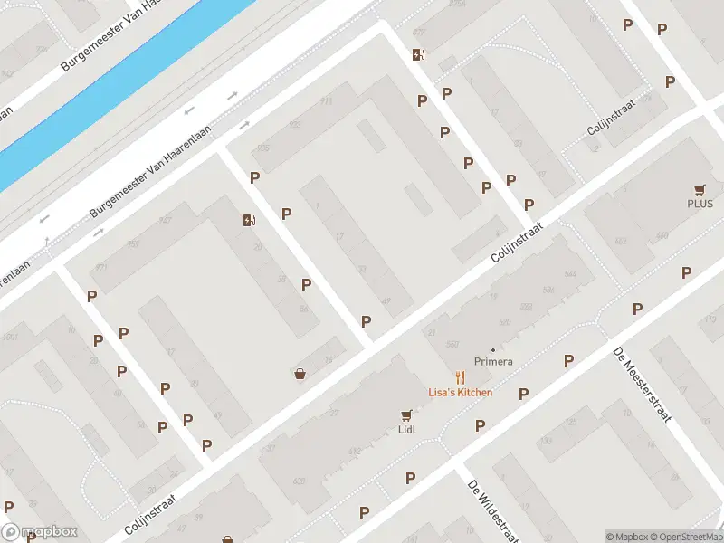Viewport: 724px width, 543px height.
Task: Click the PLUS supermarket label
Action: coord(700,204)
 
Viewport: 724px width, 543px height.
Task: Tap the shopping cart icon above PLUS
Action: coord(700,190)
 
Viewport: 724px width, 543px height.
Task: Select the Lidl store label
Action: coord(406,429)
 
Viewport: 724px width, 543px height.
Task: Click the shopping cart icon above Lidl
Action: coord(406,415)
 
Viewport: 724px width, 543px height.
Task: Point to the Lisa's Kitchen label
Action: coord(461,392)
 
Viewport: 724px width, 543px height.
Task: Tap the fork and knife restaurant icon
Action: coord(461,377)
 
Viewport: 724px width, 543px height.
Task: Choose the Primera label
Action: coord(493,362)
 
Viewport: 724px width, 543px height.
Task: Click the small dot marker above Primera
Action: coord(493,350)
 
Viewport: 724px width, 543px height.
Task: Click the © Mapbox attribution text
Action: coord(627,537)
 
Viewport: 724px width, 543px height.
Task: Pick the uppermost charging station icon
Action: coord(417,54)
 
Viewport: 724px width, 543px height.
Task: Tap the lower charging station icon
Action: coord(248,220)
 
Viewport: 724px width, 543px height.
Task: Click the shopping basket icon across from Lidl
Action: coord(300,373)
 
